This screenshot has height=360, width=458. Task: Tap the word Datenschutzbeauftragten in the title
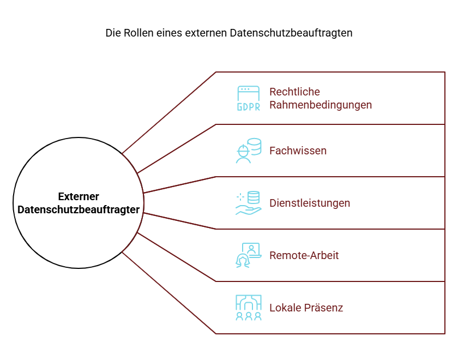291,33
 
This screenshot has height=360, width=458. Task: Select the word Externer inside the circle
79,197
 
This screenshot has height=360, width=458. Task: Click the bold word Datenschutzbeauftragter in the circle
79,210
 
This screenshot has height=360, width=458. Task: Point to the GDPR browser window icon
248,98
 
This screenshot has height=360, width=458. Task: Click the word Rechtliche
294,92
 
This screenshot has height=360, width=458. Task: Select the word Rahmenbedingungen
321,105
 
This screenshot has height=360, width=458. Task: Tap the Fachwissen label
298,151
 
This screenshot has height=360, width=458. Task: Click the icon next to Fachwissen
249,151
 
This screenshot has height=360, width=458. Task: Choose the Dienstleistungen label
310,203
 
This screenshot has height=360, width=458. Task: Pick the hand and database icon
249,203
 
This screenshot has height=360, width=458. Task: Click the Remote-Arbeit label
304,255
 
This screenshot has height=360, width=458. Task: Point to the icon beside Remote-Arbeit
248,255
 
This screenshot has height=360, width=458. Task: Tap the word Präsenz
324,308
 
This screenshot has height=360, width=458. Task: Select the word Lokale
285,308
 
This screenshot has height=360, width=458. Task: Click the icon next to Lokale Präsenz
249,308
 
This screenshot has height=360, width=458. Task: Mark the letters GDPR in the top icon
248,107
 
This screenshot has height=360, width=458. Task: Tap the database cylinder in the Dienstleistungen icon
254,197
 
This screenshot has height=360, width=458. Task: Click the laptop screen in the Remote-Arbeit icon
251,249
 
